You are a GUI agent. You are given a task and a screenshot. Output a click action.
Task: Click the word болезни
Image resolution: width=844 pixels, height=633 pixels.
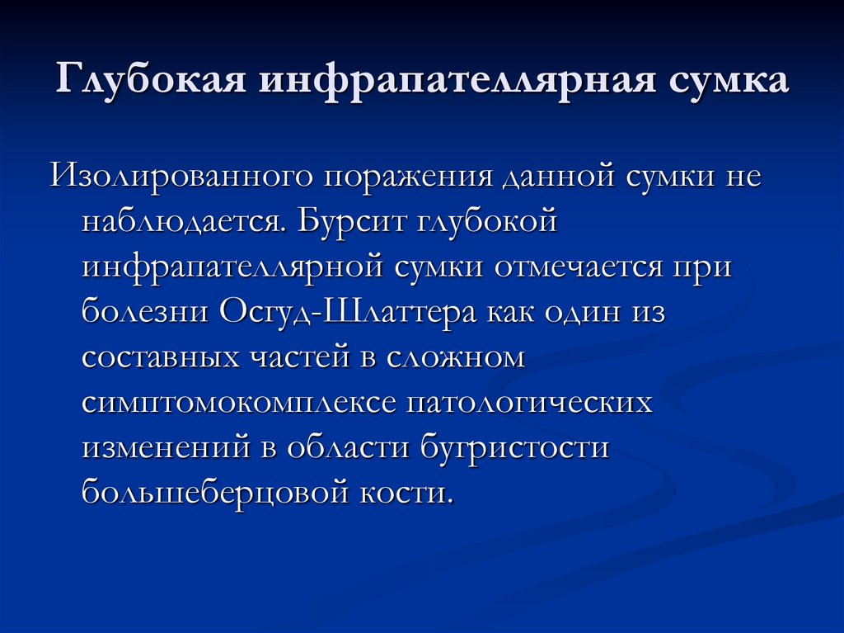point(145,314)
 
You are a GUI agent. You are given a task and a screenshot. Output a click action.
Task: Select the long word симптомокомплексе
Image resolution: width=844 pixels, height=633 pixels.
point(238,404)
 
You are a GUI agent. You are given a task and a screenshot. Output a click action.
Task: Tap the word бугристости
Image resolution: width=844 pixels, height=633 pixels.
point(513,449)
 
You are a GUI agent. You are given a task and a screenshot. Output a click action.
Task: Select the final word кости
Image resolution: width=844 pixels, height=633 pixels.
point(407,494)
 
